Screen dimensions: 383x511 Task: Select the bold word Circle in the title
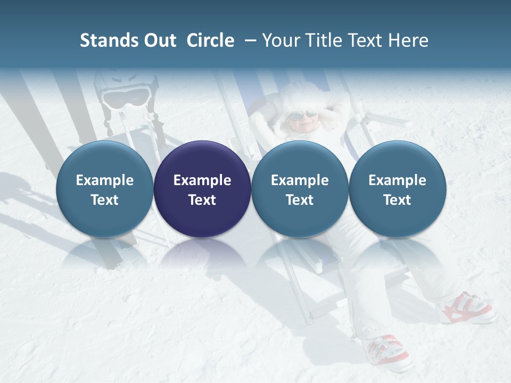(210, 40)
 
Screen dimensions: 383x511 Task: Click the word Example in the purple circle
(202, 180)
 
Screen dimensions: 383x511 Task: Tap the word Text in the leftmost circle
(104, 200)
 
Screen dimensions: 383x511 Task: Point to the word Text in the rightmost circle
(397, 200)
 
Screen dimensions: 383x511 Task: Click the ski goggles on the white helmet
(126, 97)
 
